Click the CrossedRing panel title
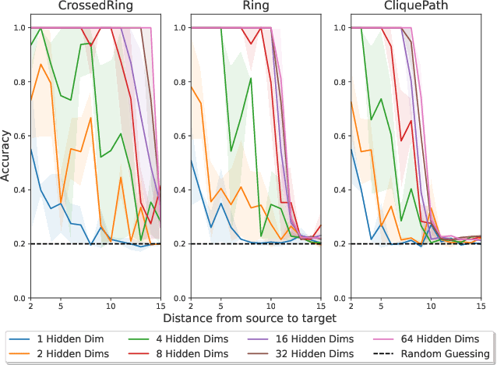click(x=95, y=6)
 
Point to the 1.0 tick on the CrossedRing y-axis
click(x=19, y=27)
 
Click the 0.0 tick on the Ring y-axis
click(x=179, y=298)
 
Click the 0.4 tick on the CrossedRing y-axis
click(x=19, y=190)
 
